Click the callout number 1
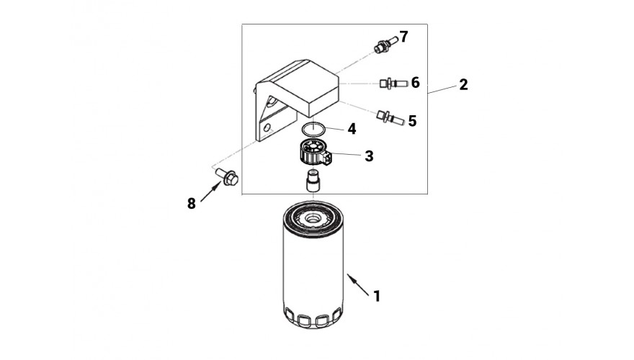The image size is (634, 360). [x=377, y=296]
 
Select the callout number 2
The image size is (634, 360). [x=463, y=84]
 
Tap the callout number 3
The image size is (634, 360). [x=369, y=156]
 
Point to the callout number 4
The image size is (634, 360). [x=352, y=129]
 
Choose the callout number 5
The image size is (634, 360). [x=412, y=121]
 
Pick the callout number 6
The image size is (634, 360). [x=415, y=83]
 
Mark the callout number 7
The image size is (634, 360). [x=403, y=37]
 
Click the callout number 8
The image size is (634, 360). [x=191, y=204]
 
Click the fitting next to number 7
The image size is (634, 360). [x=385, y=44]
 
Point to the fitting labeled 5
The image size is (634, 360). [x=390, y=117]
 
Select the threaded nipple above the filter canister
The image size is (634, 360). [x=313, y=181]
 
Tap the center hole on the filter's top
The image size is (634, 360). [x=313, y=219]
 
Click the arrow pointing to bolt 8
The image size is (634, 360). [x=210, y=192]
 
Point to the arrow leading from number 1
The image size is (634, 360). [x=358, y=285]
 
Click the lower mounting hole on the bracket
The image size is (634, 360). [x=267, y=128]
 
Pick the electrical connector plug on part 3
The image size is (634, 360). [x=328, y=158]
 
